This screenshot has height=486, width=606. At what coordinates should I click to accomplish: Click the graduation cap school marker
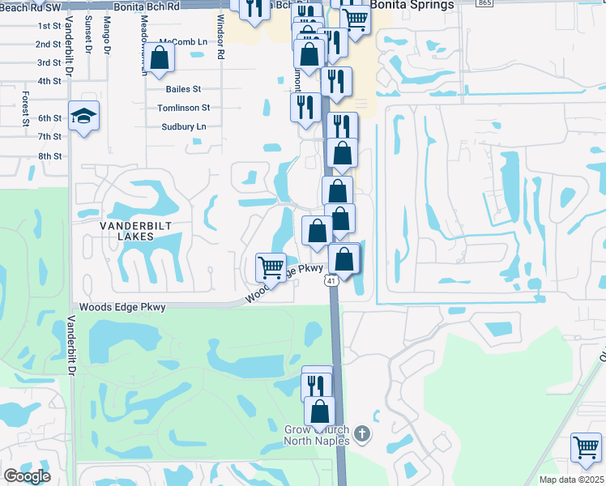[84, 117]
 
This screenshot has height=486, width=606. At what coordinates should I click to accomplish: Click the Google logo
[27, 475]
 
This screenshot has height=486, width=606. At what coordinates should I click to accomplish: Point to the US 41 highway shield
[331, 280]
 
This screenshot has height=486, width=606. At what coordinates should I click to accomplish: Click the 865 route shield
[485, 3]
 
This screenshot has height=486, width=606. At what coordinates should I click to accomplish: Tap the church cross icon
[362, 434]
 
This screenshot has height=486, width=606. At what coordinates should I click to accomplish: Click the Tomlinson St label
[183, 108]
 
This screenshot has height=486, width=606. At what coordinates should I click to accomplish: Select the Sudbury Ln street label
[183, 126]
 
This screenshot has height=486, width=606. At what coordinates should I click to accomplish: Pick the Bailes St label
[183, 89]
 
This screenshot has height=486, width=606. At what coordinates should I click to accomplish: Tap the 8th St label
[49, 156]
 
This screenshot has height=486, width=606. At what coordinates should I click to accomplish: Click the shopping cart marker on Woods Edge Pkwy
[271, 267]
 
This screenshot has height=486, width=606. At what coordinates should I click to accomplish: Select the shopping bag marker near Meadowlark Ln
[160, 58]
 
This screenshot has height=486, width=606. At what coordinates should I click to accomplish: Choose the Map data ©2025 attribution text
[571, 480]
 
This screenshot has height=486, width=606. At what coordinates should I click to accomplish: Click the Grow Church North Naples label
[317, 435]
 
